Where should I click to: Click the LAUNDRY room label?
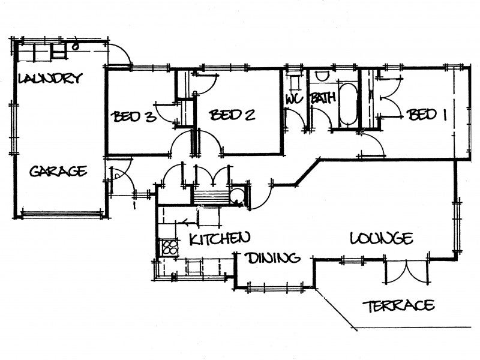tap(50, 78)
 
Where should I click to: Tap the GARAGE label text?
tap(58, 171)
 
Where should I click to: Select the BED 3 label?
tap(133, 116)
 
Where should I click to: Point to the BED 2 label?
tap(232, 115)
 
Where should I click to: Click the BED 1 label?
tap(426, 115)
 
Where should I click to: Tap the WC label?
tap(294, 99)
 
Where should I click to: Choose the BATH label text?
tap(323, 98)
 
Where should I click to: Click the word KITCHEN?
tap(220, 238)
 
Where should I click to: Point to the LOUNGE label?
tap(381, 238)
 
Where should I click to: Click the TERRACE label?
tap(398, 305)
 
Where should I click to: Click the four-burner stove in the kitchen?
tap(169, 247)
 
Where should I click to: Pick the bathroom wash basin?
tap(322, 76)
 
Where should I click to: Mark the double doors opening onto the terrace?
tap(406, 272)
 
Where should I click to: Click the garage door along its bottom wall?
tap(61, 214)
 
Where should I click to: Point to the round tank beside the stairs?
tap(237, 196)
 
